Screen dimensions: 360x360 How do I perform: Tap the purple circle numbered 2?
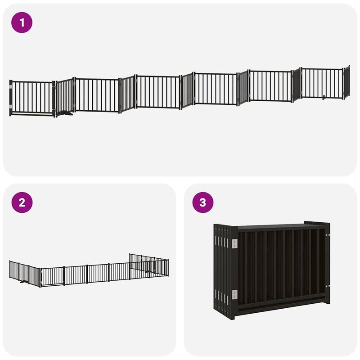(22, 202)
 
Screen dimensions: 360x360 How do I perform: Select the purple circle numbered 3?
(203, 202)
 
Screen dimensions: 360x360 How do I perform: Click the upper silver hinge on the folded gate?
(234, 243)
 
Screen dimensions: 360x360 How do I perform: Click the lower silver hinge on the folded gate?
(234, 295)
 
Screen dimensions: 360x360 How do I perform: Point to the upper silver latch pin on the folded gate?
(328, 235)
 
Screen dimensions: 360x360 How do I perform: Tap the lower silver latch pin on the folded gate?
(328, 286)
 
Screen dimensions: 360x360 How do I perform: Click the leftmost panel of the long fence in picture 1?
(31, 98)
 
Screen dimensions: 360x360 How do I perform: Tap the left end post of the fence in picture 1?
(11, 98)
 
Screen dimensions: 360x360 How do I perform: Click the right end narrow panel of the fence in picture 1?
(346, 82)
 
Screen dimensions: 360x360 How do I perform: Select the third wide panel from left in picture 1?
(157, 92)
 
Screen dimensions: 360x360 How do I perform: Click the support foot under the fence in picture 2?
(22, 283)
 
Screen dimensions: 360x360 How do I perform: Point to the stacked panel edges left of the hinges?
(221, 270)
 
